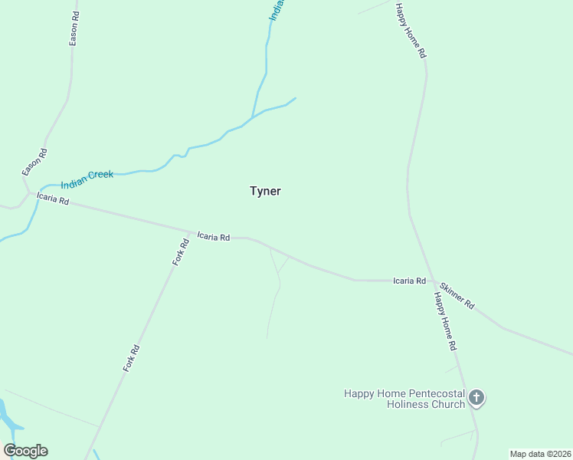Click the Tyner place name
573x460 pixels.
265,191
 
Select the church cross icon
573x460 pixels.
476,397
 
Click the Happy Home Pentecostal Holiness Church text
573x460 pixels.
404,399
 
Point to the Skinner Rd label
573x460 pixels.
457,294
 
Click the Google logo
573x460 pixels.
25,451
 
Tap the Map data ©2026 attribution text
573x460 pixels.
540,454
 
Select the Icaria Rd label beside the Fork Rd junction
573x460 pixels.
214,237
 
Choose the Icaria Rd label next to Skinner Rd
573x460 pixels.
409,281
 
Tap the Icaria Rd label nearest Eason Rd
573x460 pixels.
53,199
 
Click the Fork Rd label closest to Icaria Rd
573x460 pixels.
180,253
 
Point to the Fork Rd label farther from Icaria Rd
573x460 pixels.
131,359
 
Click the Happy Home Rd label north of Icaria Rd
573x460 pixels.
411,31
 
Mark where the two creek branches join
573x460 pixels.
252,118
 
